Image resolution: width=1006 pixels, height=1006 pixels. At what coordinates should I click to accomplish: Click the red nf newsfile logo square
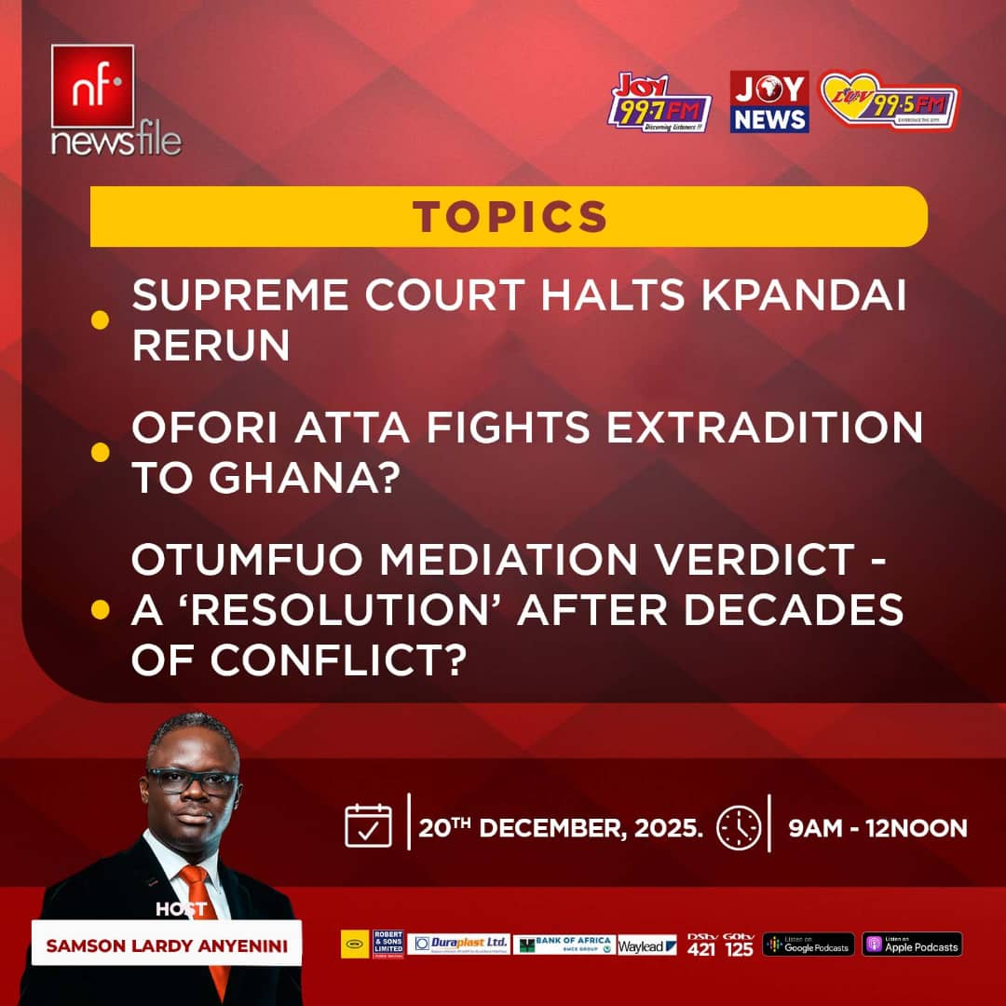(x=92, y=86)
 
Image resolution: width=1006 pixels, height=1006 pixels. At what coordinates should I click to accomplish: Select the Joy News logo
(x=768, y=102)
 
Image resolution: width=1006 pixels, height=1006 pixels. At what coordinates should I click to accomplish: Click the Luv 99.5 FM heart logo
(x=889, y=102)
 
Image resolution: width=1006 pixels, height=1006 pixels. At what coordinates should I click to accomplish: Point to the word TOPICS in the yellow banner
(x=510, y=216)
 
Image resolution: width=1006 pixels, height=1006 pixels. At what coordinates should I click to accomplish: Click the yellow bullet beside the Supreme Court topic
(x=100, y=320)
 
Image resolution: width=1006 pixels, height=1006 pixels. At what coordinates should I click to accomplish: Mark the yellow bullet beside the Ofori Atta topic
(x=100, y=453)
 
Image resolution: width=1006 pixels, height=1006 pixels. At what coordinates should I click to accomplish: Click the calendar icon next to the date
(x=369, y=825)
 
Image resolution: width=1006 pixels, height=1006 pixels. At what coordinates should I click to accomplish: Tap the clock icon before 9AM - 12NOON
(x=739, y=827)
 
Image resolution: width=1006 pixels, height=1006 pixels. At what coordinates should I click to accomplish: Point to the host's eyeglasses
(x=191, y=782)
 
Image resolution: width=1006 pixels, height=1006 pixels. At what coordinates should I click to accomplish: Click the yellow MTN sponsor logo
(x=355, y=945)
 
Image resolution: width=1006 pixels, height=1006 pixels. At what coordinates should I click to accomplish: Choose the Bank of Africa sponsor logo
(x=564, y=945)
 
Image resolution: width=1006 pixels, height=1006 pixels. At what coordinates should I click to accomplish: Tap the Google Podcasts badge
(x=808, y=945)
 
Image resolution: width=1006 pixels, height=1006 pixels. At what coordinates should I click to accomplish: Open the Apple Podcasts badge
(x=912, y=945)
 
